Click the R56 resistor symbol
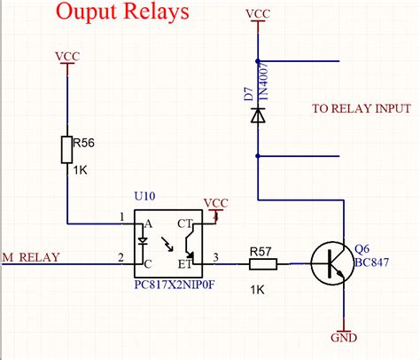[x=66, y=150]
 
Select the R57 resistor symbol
[x=262, y=263]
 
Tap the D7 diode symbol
[x=257, y=115]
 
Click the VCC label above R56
[x=67, y=56]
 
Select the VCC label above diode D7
[x=258, y=14]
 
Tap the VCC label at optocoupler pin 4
[x=216, y=202]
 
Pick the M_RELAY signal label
[x=32, y=258]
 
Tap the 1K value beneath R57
[x=258, y=290]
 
